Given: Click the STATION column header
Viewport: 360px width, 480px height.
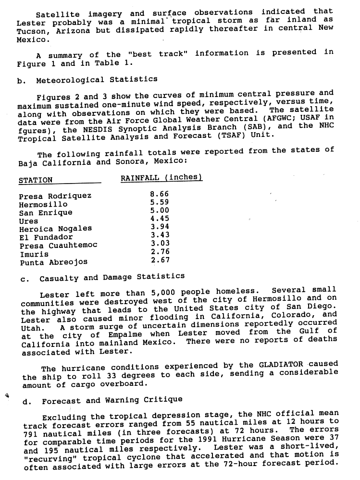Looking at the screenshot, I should [36, 181].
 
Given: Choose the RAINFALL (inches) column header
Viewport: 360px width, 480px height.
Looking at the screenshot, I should [161, 178].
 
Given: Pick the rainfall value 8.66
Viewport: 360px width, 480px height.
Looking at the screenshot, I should [160, 195].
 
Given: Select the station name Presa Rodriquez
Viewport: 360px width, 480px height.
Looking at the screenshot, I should [55, 196].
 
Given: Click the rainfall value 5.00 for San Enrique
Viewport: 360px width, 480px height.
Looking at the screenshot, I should [160, 210].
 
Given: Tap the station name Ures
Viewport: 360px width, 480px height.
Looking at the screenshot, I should [29, 221].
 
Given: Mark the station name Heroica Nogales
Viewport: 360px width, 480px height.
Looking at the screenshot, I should [56, 229].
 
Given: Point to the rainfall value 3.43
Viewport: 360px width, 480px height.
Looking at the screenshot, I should [160, 235].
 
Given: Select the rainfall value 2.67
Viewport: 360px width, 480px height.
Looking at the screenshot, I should [160, 260].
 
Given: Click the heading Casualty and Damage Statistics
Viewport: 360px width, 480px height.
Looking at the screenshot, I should [112, 277].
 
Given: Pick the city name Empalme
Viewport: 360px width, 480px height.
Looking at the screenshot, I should [144, 334].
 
